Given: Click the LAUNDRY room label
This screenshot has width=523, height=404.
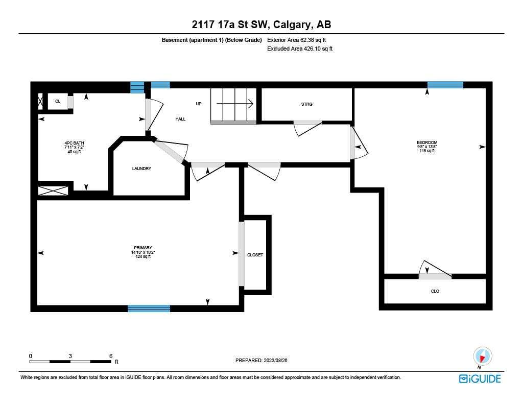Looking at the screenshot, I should tap(141, 169).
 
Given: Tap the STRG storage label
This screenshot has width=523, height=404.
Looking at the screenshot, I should tap(306, 104).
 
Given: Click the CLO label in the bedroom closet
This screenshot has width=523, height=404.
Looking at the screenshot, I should tap(435, 291).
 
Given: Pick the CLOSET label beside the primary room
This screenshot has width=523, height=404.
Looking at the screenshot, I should tap(255, 255).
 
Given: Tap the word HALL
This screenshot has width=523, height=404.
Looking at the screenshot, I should tap(180, 119).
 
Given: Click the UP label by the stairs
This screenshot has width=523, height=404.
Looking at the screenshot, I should tap(199, 104).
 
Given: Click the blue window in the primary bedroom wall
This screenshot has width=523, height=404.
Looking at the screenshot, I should tap(149, 308).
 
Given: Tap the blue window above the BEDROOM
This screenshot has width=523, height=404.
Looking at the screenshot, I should tap(445, 85).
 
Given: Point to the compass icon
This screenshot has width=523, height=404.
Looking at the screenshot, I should tap(482, 356).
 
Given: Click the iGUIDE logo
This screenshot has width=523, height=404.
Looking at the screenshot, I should tap(480, 378).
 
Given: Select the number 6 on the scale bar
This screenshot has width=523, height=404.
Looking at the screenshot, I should tap(110, 356).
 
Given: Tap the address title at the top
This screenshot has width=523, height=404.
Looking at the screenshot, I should tap(261, 25).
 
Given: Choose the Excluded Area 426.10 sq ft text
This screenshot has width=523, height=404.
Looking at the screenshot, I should tap(300, 49).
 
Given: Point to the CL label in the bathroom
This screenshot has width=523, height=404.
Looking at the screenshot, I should tap(58, 101).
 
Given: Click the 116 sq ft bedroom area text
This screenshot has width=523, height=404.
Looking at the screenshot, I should tap(427, 151).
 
